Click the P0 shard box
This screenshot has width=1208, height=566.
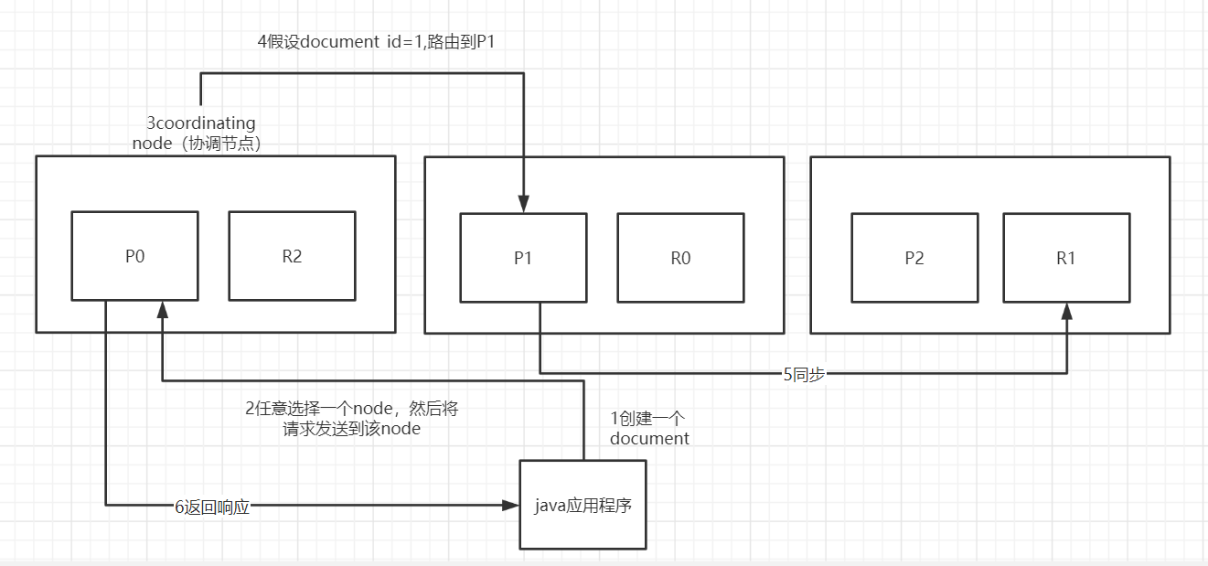pos(134,256)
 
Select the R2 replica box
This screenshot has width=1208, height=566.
pos(292,256)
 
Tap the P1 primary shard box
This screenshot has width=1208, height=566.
pos(523,258)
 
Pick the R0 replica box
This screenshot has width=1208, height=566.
pos(680,258)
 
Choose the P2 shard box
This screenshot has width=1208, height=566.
pos(914,258)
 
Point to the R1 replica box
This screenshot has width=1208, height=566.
pos(1066,258)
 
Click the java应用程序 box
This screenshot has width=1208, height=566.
pos(583,505)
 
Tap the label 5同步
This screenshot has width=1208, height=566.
pos(804,374)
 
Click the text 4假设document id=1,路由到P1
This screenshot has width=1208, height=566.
pos(376,41)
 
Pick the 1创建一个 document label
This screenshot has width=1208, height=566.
pos(649,428)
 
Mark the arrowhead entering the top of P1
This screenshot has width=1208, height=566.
pos(523,203)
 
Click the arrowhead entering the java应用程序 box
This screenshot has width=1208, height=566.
pos(510,504)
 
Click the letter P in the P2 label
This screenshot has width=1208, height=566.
pos(909,258)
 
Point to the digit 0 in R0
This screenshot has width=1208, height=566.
pos(686,258)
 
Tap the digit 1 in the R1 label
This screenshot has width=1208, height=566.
pos(1072,258)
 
